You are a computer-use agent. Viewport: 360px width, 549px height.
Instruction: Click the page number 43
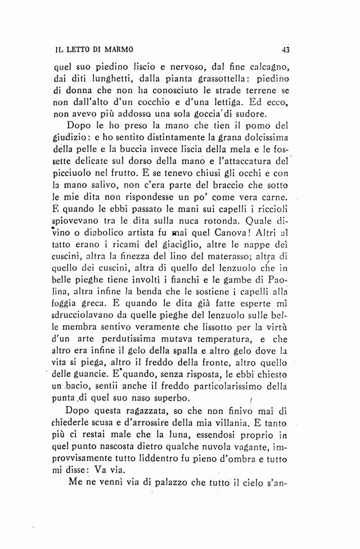click(x=285, y=49)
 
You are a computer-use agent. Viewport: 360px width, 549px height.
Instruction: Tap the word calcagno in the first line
click(x=265, y=65)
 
